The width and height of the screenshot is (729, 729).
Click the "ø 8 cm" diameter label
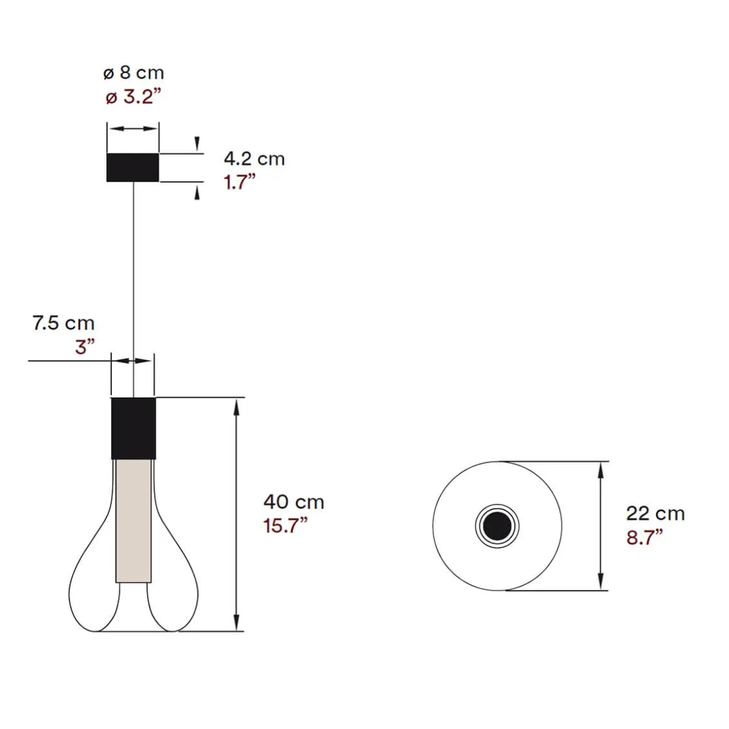133,73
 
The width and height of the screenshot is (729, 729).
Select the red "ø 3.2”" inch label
133,97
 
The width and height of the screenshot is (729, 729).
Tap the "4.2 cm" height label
254,158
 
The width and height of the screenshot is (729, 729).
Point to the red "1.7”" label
240,182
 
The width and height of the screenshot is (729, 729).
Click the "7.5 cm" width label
63,323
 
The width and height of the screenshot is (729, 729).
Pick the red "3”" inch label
84,346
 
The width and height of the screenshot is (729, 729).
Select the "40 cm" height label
293,502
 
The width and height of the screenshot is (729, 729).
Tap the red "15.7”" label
285,525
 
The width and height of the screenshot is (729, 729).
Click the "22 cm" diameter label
655,513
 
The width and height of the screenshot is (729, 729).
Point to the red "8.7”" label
645,537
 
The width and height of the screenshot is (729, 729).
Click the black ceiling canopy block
133,167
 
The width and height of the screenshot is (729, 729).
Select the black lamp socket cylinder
133,428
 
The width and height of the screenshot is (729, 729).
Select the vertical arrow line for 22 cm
601,525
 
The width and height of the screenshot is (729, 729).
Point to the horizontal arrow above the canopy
133,129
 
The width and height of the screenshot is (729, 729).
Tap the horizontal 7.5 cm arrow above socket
133,360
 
